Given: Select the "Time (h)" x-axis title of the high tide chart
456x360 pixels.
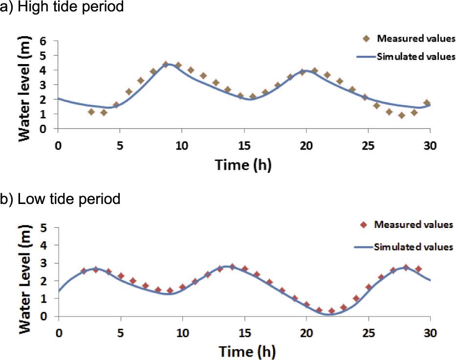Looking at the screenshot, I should tap(243, 164).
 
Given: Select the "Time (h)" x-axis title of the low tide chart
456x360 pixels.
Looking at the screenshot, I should tap(243, 351).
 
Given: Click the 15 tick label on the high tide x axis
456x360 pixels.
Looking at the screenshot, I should tap(244, 145).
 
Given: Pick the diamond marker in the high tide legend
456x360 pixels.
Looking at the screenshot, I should tap(366, 39).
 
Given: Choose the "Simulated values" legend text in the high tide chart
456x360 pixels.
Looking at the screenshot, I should tap(416, 57).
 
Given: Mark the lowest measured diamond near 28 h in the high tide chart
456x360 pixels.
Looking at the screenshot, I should tap(401, 115).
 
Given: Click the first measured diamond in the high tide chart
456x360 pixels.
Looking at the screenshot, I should tap(91, 112).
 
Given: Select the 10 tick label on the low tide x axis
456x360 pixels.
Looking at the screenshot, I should tap(182, 332).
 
